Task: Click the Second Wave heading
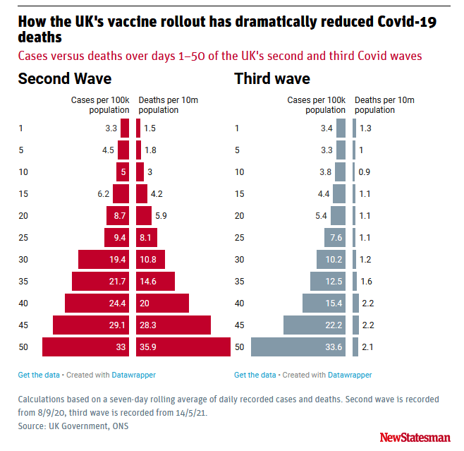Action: (x=64, y=78)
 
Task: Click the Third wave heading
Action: (x=272, y=78)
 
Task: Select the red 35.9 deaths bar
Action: (x=183, y=347)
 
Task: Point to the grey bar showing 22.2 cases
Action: (x=315, y=325)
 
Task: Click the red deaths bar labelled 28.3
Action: (x=173, y=325)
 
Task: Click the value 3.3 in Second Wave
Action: (x=110, y=128)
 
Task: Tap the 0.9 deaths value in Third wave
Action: (x=365, y=172)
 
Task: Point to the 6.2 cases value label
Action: (x=104, y=194)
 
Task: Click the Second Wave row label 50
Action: (x=23, y=347)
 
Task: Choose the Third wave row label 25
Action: (x=239, y=238)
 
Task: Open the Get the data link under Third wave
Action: (x=255, y=375)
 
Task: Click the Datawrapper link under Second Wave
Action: (x=133, y=375)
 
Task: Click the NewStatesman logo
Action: (x=414, y=438)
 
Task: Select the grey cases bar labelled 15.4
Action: (x=324, y=303)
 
